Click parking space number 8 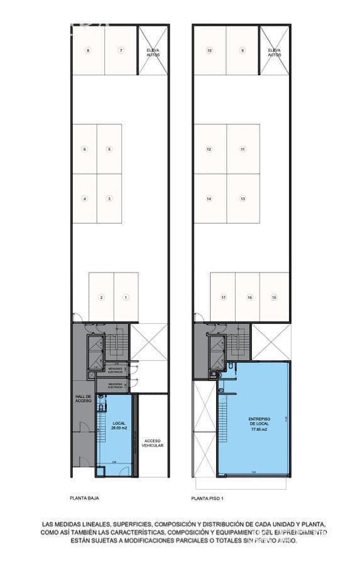(88, 50)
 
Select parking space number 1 (126, 297)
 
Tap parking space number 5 (109, 149)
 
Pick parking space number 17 (222, 297)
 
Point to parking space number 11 (243, 149)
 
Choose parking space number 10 (209, 50)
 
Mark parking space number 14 (209, 198)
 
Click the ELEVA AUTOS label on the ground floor (153, 53)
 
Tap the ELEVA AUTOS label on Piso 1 (274, 53)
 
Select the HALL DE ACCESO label (84, 398)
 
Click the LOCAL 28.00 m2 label (119, 426)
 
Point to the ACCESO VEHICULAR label (153, 443)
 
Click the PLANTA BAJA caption (84, 498)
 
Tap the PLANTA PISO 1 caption (207, 498)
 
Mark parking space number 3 (109, 198)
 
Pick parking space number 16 (249, 297)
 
